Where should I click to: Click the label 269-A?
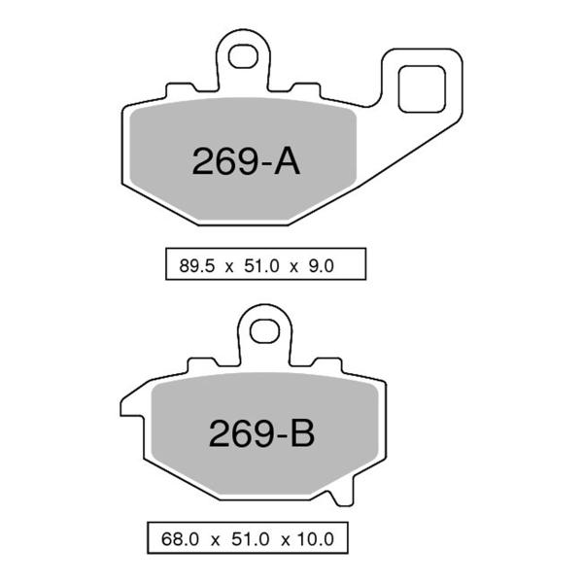(x=246, y=161)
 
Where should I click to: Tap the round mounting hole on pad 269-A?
(x=240, y=55)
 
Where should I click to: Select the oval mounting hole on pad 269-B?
(x=263, y=331)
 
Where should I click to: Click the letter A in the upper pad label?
(x=286, y=161)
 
